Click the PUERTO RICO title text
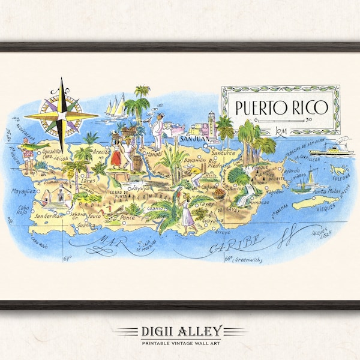(281, 108)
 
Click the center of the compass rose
(62, 115)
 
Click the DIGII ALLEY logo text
(179, 331)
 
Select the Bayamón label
(193, 161)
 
